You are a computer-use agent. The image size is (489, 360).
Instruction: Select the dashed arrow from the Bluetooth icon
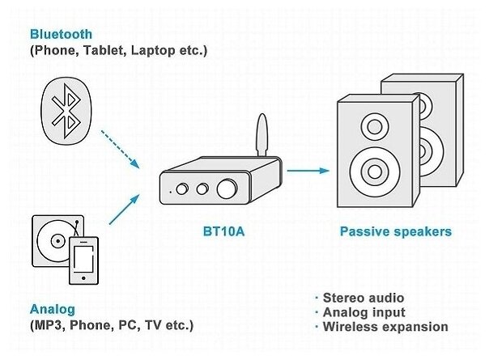coord(114,151)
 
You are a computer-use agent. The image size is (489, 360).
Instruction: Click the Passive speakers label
coord(395,232)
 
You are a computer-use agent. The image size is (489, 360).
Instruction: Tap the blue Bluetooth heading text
coord(61,35)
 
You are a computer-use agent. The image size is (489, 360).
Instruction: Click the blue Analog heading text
coord(53,309)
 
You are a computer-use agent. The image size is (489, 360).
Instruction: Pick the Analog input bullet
coord(364,312)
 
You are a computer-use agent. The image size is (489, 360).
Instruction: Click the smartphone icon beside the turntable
coord(83,260)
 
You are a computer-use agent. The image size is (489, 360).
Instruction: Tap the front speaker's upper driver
coord(375,126)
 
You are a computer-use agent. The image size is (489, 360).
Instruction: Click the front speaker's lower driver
coord(375,171)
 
